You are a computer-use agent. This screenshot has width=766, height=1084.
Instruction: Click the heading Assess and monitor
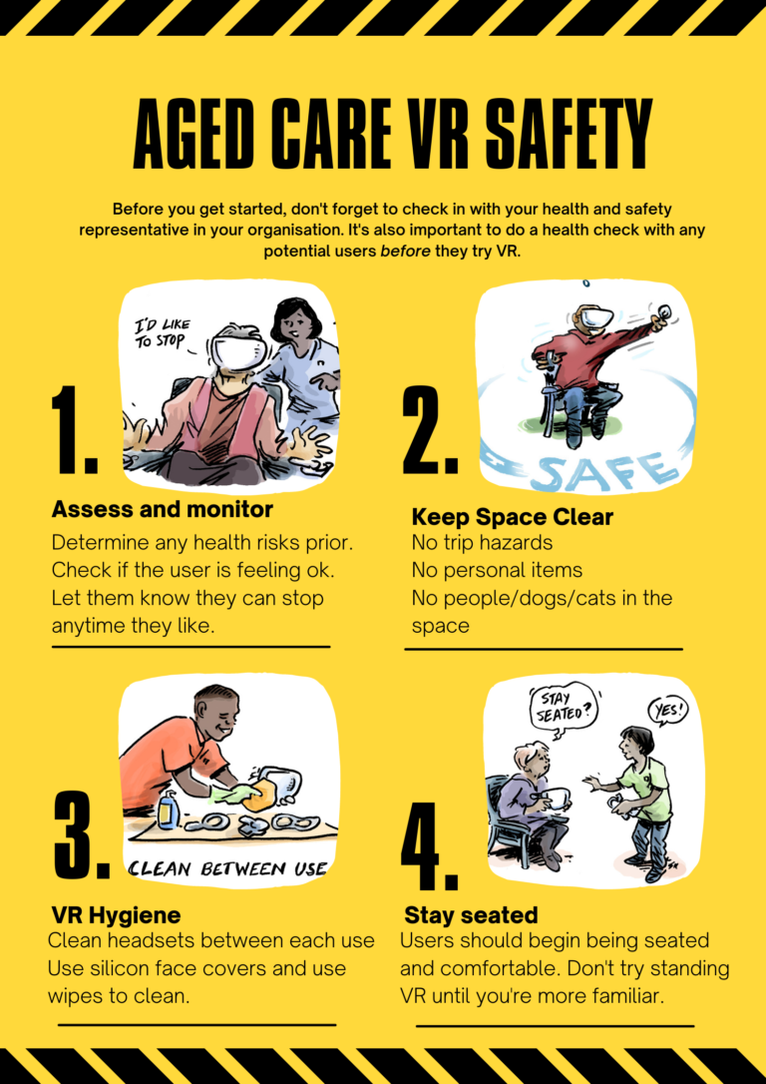[x=162, y=510]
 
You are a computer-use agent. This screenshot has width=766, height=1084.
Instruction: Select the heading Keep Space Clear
[x=512, y=517]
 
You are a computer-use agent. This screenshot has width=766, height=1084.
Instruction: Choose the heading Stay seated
[x=471, y=915]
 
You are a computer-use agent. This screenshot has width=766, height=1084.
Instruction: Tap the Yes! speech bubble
[x=668, y=711]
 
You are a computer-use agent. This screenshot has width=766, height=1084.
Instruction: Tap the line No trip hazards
[x=482, y=543]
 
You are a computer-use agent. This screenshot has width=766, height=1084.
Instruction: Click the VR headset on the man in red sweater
[x=596, y=318]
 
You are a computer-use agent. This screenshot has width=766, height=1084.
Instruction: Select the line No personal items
[x=497, y=571]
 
